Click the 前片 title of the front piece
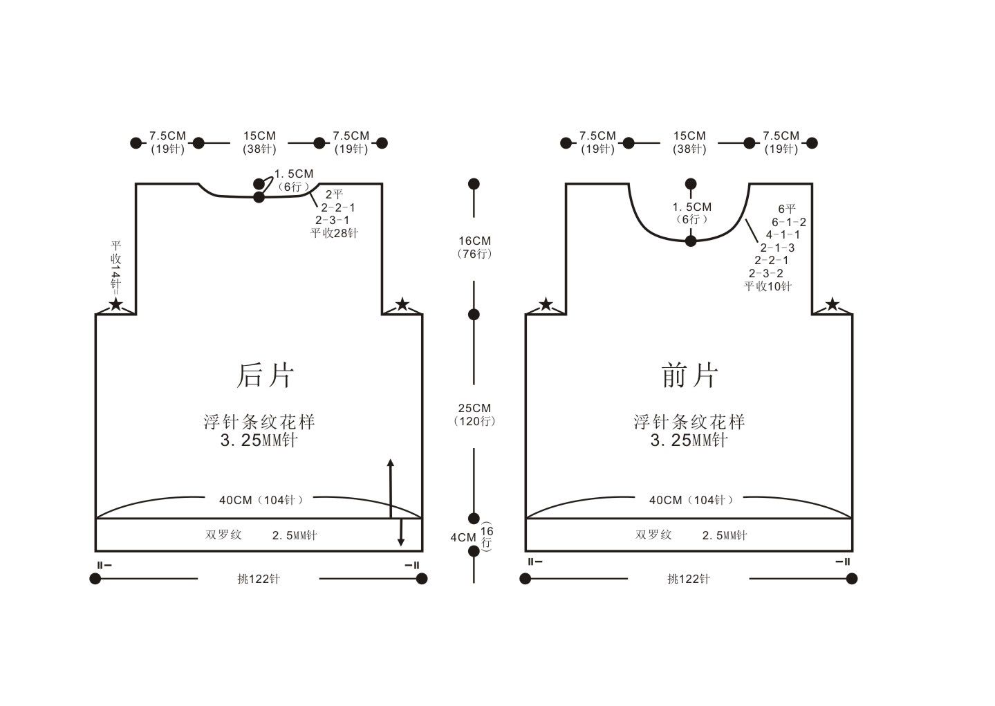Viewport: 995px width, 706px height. pos(689,376)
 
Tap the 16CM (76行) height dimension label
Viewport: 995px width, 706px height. pos(474,248)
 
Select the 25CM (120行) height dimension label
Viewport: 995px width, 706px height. pos(474,414)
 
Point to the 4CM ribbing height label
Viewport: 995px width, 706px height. pos(464,537)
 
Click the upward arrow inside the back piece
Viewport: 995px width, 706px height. pos(391,488)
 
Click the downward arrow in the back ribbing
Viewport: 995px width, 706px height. pos(400,532)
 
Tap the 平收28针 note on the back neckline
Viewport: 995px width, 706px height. pos(334,233)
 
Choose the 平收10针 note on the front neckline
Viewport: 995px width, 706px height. pos(768,286)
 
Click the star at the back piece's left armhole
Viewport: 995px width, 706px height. pos(116,305)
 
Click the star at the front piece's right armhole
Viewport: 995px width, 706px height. pos(833,305)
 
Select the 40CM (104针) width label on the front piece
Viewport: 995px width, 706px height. pos(691,501)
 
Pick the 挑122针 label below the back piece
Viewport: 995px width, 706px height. pos(259,579)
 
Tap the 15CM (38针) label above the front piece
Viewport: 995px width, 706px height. pos(689,142)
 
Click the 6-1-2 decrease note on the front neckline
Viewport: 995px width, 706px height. pos(788,222)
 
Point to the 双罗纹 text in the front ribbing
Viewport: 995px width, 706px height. pos(653,535)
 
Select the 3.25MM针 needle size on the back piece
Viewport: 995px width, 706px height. pos(259,440)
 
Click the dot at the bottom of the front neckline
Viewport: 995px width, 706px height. pos(691,241)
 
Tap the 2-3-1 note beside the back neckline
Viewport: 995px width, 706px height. pos(333,221)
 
